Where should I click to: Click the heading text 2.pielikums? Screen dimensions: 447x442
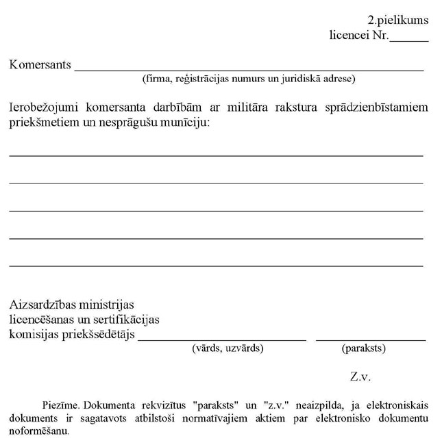coord(397,21)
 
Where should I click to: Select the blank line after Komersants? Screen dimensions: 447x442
coord(248,70)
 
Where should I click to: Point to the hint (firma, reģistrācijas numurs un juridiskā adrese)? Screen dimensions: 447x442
coord(248,79)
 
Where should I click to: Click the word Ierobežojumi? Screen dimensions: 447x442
coord(40,107)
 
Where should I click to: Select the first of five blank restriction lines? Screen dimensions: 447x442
coord(216,156)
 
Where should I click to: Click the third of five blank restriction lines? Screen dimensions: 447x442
coord(216,211)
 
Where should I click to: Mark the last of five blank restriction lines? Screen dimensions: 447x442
coord(216,266)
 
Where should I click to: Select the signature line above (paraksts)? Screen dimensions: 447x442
coord(370,339)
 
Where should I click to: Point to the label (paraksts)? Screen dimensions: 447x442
coord(363,348)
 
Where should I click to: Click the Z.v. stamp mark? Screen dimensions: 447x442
coord(360,376)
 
